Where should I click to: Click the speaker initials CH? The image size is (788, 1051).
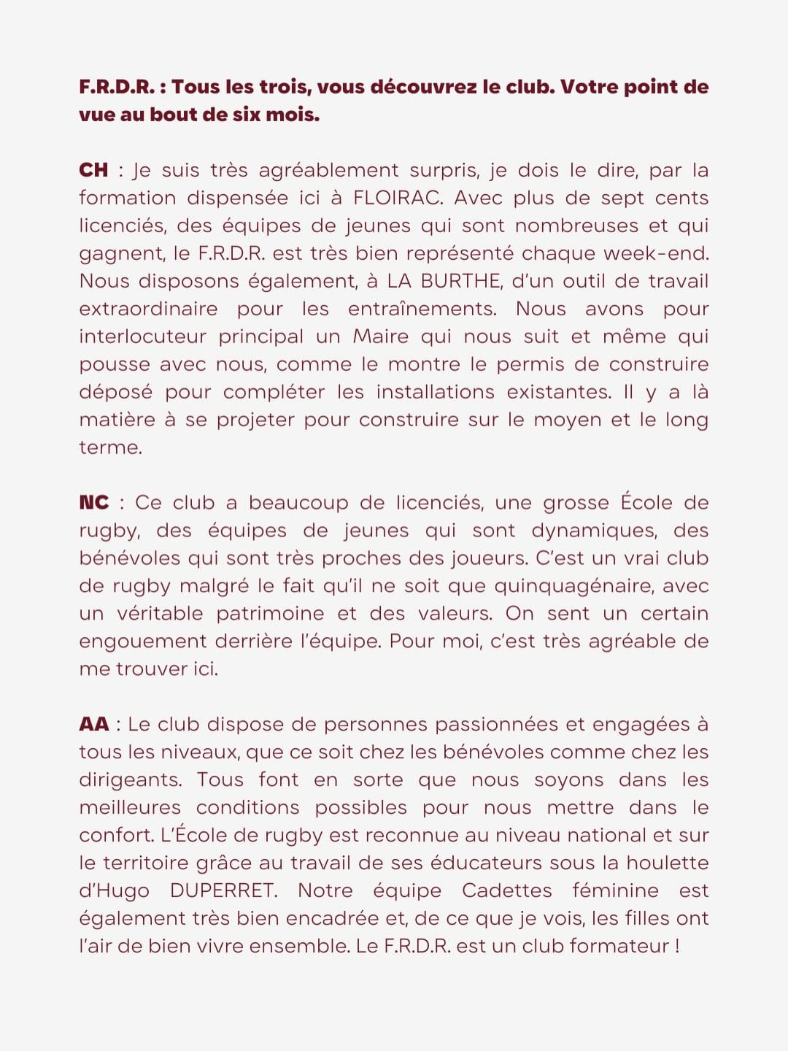[93, 170]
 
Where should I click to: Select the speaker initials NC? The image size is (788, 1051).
[93, 503]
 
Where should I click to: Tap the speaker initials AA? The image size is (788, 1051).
[93, 724]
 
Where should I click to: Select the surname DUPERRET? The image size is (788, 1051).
[223, 890]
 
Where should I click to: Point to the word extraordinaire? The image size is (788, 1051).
[148, 309]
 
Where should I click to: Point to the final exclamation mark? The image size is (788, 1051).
[677, 946]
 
